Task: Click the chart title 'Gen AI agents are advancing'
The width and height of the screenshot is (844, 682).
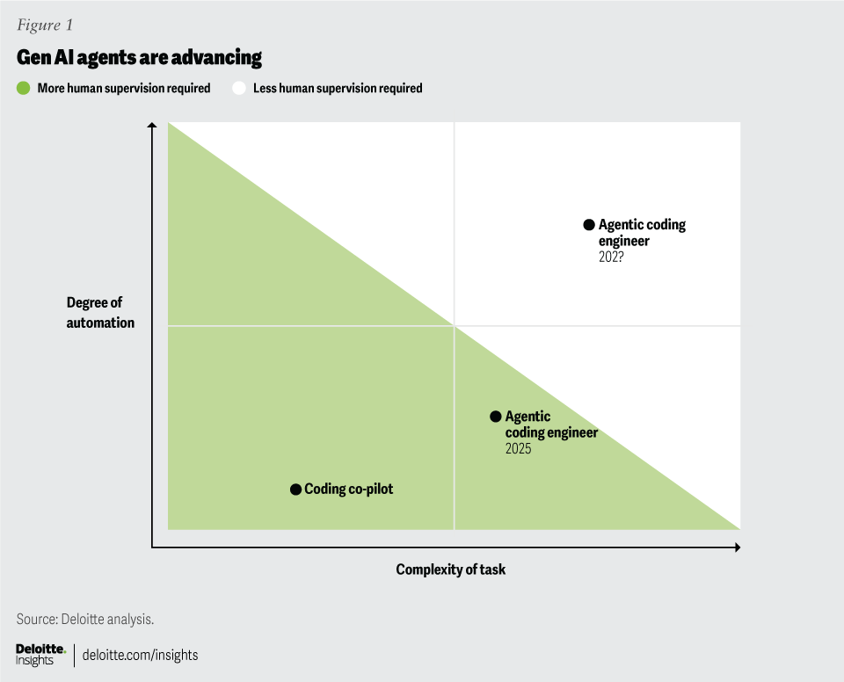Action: coord(139,58)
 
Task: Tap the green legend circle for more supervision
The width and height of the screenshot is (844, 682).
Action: coord(24,88)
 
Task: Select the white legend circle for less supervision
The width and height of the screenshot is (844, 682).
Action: coord(238,88)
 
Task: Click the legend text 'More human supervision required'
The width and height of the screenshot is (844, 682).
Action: coord(123,88)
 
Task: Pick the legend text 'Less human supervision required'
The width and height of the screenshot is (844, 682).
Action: coord(338,88)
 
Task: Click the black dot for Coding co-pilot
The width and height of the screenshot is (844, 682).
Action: coord(295,489)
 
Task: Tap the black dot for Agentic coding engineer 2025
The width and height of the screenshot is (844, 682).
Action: coord(496,417)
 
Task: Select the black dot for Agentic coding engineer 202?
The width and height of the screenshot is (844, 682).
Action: coord(589,225)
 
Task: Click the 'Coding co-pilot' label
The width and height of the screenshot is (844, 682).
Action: coord(348,489)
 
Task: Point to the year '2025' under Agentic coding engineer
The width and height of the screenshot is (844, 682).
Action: coord(518,449)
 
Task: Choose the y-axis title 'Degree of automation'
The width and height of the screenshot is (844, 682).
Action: coord(100,313)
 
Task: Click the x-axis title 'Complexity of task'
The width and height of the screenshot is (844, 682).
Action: coord(450,570)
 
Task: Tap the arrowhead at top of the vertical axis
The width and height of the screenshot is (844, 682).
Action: coord(152,127)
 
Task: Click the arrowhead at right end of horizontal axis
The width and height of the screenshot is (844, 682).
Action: coord(736,548)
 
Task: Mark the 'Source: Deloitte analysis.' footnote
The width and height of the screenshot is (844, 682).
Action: coord(85,619)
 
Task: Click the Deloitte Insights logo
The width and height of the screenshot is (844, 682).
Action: coord(40,655)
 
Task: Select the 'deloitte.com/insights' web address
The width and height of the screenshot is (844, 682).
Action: coord(141,655)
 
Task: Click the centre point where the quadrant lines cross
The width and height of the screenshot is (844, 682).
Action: coord(454,326)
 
